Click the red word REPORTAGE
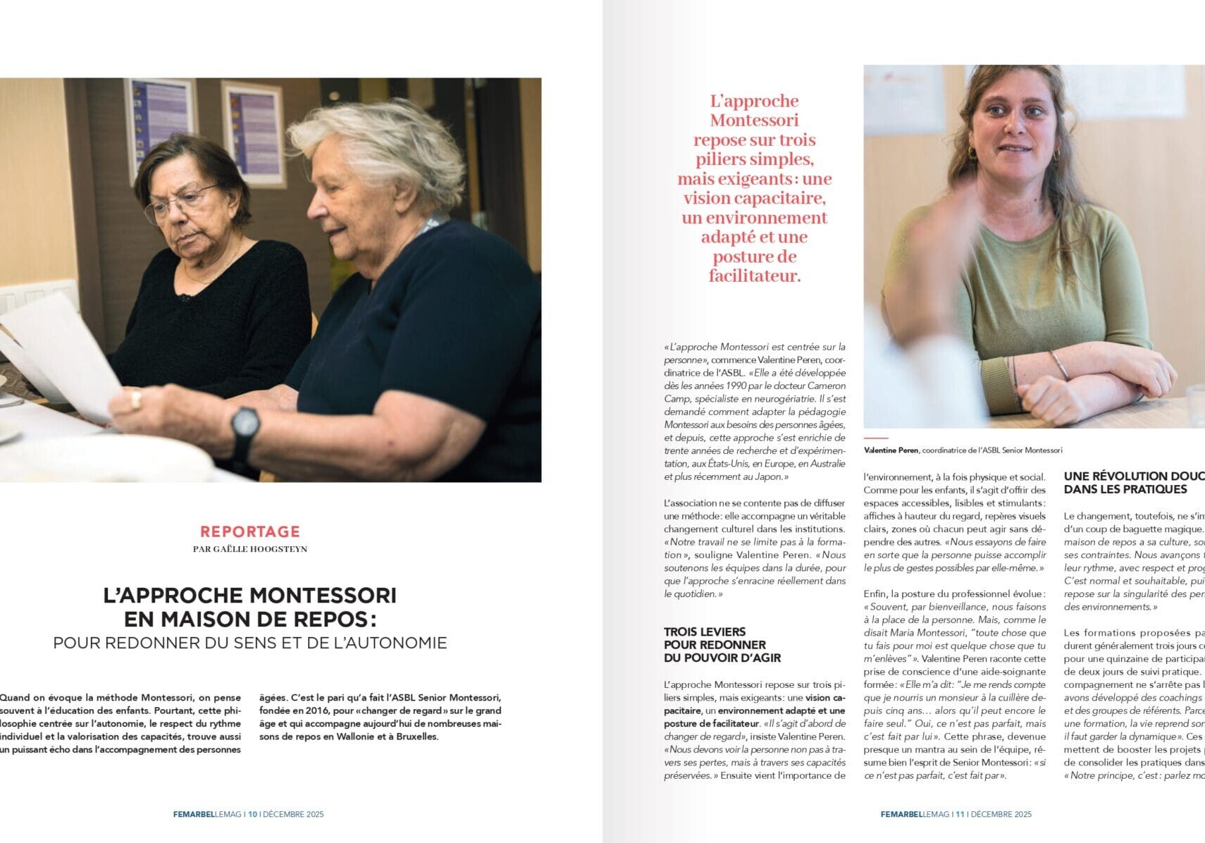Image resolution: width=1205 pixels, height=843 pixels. pyautogui.click(x=250, y=531)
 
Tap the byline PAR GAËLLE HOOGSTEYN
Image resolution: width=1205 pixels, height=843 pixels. pyautogui.click(x=250, y=549)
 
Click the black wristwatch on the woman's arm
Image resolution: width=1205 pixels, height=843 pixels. pyautogui.click(x=245, y=424)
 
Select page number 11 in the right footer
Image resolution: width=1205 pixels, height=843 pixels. pyautogui.click(x=960, y=814)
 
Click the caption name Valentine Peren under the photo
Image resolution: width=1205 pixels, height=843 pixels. pyautogui.click(x=891, y=450)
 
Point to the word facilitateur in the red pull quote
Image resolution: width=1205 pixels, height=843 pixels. pyautogui.click(x=755, y=276)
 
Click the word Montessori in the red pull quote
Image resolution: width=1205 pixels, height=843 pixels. pyautogui.click(x=754, y=120)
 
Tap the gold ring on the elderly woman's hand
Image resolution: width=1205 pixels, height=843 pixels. pyautogui.click(x=136, y=400)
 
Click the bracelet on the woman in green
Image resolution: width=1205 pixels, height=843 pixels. pyautogui.click(x=1060, y=365)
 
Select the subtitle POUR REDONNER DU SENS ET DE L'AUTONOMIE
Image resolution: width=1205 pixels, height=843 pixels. pyautogui.click(x=250, y=643)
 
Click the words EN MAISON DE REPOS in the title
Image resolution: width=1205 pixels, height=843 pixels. pyautogui.click(x=250, y=619)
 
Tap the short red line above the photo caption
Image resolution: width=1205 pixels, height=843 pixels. pyautogui.click(x=876, y=438)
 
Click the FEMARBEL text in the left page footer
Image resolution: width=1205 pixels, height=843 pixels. pyautogui.click(x=194, y=814)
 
